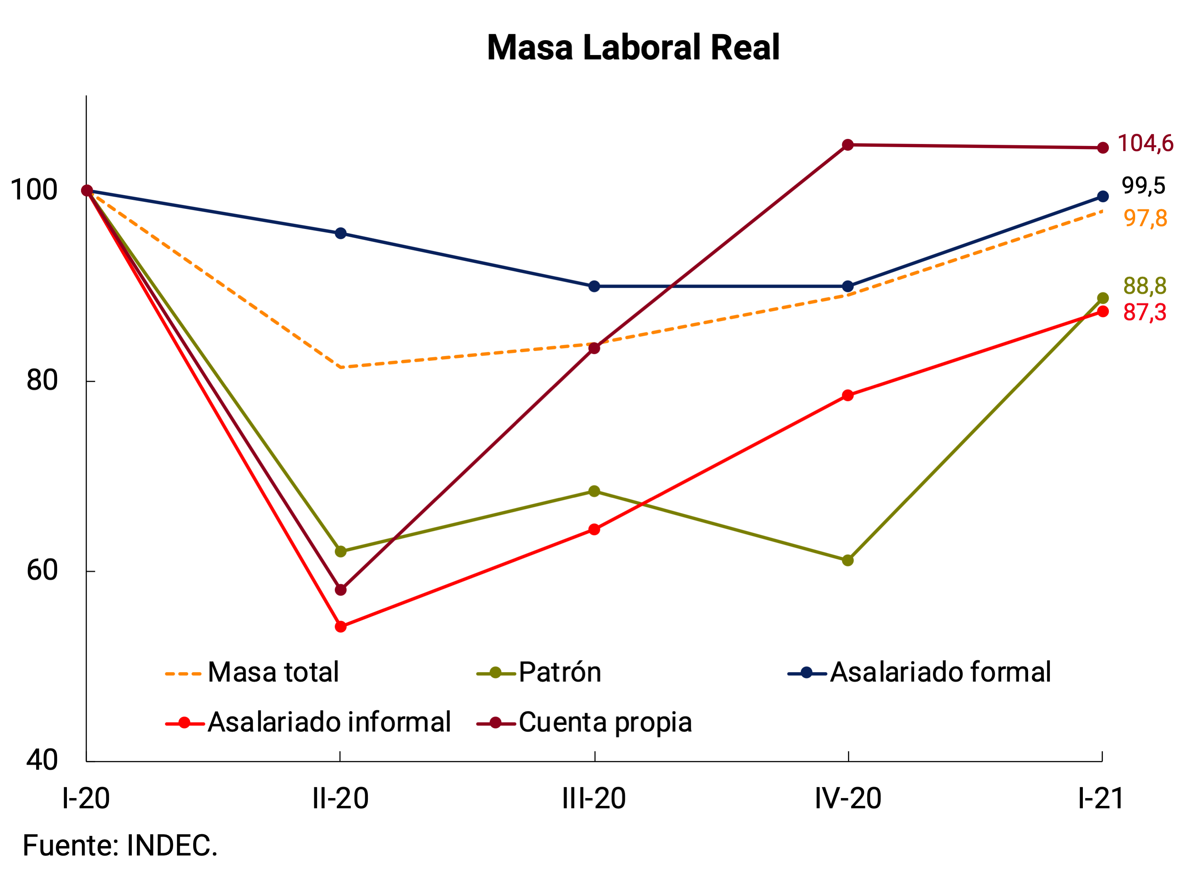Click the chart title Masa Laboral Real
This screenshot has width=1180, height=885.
(633, 48)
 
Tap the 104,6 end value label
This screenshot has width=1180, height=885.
(1145, 144)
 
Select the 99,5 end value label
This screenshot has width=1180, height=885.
(1143, 186)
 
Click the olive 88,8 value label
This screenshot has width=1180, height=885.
(1144, 286)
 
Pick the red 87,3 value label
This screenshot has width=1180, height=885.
(1144, 312)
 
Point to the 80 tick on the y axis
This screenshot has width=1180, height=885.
(42, 381)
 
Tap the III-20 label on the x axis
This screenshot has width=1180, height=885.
(594, 798)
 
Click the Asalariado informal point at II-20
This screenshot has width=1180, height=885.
(340, 626)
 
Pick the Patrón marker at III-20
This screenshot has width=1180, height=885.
(594, 491)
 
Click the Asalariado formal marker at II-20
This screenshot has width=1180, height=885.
(340, 233)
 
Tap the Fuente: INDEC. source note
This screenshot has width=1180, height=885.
(120, 846)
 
